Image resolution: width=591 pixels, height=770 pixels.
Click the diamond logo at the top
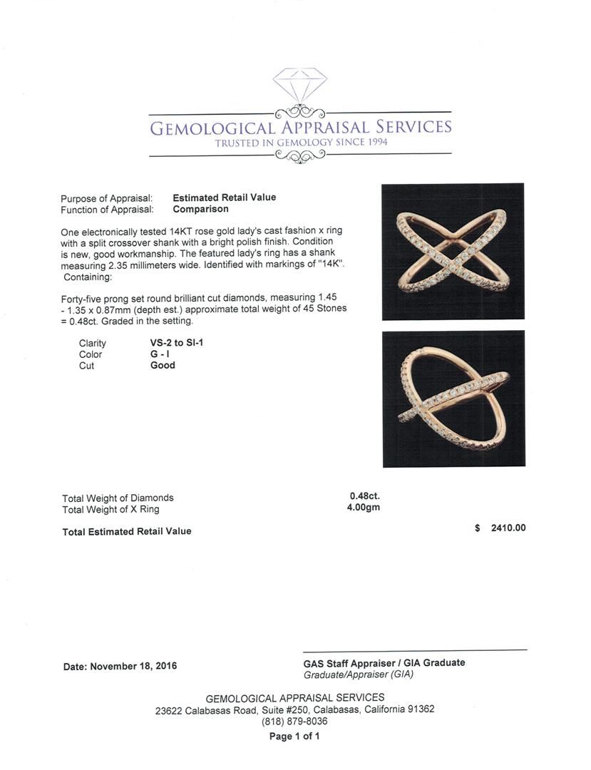[x=299, y=86]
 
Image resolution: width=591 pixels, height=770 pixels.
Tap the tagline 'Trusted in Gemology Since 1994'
[x=301, y=143]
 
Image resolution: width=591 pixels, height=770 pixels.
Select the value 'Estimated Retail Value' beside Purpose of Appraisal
[x=224, y=197]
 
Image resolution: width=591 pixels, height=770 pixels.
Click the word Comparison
[x=200, y=209]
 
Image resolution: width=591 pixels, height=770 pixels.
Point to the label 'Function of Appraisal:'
[x=107, y=210]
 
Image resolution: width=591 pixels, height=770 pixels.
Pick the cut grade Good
[x=163, y=365]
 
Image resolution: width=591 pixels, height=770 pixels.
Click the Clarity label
[x=93, y=343]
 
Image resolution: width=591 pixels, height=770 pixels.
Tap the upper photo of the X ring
[x=453, y=252]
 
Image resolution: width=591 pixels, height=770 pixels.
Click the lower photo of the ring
[x=453, y=399]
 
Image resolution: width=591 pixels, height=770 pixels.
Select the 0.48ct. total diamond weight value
[x=364, y=497]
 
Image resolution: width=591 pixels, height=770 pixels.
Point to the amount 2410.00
[x=508, y=528]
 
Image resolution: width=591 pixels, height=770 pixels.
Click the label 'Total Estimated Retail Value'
[x=127, y=531]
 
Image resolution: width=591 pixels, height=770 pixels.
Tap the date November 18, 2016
[x=133, y=666]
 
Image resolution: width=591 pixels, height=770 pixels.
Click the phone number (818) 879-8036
[x=295, y=721]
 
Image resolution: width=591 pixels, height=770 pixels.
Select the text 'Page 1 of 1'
[x=294, y=736]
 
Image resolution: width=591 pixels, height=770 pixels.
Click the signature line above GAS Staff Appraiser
[x=415, y=650]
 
